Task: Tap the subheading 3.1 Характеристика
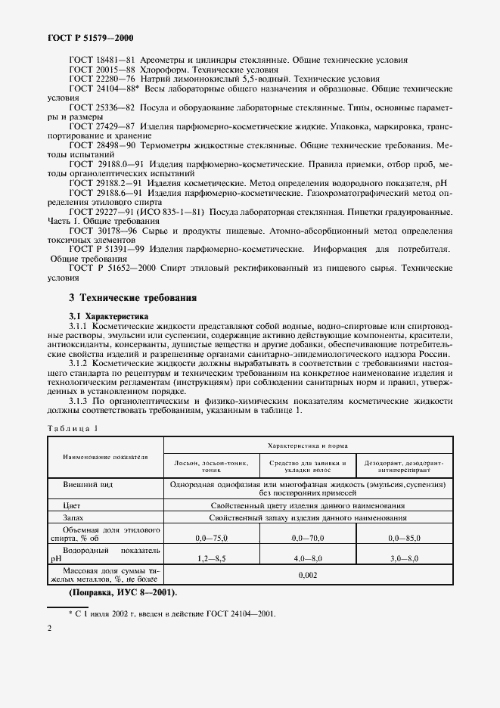pyautogui.click(x=109, y=315)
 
